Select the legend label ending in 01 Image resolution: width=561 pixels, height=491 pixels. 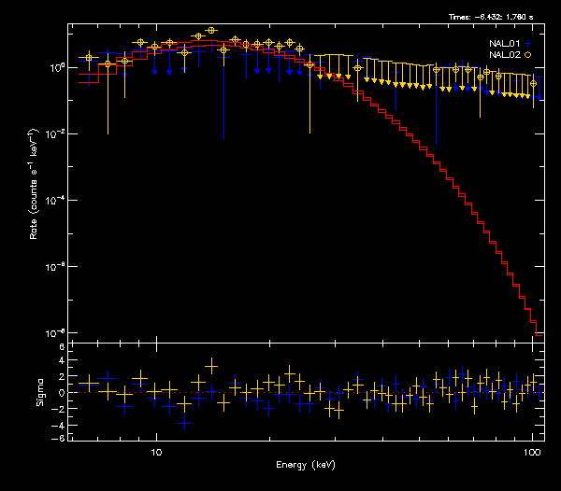coord(506,43)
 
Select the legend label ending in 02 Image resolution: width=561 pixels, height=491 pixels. coord(506,55)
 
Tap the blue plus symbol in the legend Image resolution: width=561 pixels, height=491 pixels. coord(527,43)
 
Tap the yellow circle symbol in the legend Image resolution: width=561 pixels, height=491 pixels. coord(527,55)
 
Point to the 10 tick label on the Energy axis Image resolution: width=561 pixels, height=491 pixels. coord(156,450)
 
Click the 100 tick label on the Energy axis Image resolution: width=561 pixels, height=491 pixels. coord(532,450)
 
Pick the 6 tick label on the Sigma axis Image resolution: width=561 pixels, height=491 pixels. coord(61,347)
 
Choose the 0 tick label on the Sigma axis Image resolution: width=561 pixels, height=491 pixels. coord(61,393)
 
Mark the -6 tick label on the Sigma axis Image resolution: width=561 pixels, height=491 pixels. coord(59,438)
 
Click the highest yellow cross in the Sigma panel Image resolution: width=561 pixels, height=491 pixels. coord(211,364)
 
